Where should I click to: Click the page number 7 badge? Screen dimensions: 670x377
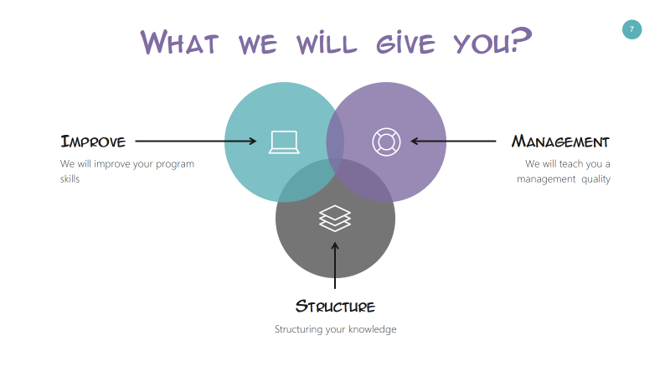pos(631,29)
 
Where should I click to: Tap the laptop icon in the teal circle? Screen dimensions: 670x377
pos(284,142)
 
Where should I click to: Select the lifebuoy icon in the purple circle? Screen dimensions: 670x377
pos(386,142)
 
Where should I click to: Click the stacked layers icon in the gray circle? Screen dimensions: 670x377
pos(335,219)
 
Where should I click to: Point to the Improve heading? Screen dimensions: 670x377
pos(93,142)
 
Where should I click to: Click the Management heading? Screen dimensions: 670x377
pos(560,142)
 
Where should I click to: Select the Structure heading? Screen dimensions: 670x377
pos(335,307)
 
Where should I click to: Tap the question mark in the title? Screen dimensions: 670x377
pos(521,39)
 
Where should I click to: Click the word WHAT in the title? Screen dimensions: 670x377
pos(179,43)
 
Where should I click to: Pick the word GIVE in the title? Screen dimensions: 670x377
pos(406,43)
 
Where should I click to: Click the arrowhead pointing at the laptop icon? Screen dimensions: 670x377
pos(253,141)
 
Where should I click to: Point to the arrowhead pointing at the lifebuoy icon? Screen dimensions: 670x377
pos(415,141)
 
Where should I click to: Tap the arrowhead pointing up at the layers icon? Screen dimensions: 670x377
pos(335,246)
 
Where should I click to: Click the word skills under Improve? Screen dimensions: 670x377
pos(70,178)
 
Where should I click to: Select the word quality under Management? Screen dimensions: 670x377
pos(595,179)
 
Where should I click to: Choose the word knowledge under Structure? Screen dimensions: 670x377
pos(372,329)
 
